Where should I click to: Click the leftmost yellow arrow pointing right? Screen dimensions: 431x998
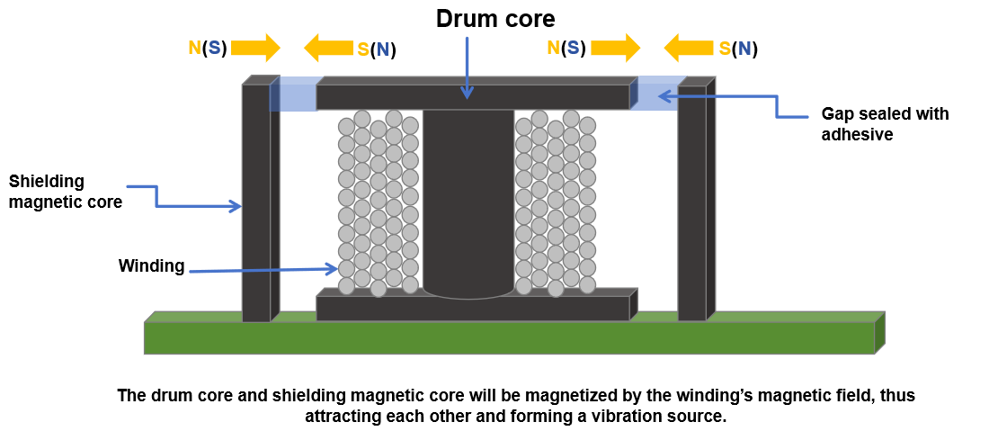click(255, 48)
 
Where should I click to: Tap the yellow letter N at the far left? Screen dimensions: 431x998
click(194, 48)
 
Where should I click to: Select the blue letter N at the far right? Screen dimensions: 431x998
click(744, 49)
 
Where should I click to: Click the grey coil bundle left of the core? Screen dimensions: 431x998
click(378, 202)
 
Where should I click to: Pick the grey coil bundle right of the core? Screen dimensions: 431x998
click(556, 202)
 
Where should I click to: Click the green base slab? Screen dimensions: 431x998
click(509, 338)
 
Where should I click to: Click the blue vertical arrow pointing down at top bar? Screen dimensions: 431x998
click(467, 67)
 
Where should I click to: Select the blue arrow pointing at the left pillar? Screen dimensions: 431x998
click(193, 206)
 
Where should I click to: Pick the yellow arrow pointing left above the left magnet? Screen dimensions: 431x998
click(328, 48)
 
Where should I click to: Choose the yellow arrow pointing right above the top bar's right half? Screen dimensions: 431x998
click(615, 48)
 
